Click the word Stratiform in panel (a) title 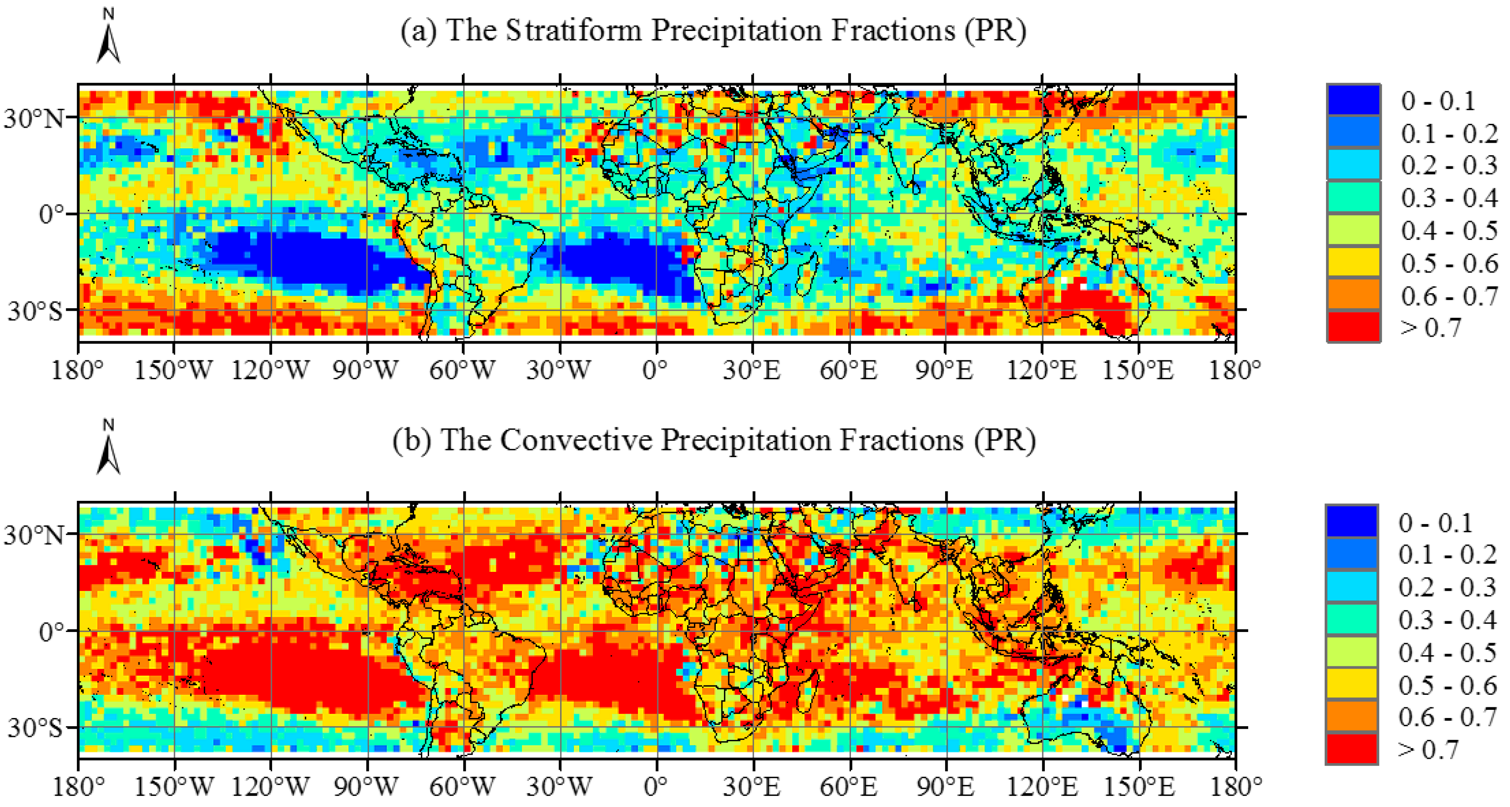[573, 30]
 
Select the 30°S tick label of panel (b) [34, 728]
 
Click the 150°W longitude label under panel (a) [174, 370]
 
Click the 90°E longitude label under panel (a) [944, 370]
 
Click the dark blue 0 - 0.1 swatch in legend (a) [1353, 100]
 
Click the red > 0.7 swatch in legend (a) [1353, 326]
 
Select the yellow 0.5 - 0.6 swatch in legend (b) [1351, 684]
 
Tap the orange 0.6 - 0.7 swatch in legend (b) [1351, 717]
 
